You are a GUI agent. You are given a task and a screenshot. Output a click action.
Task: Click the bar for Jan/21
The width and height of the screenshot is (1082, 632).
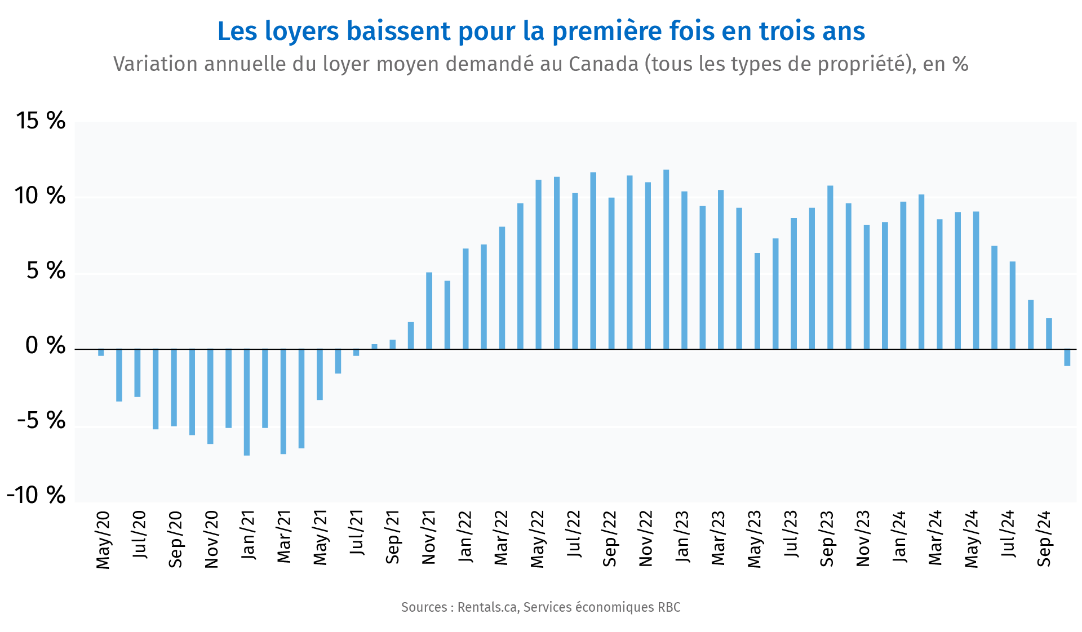point(247,402)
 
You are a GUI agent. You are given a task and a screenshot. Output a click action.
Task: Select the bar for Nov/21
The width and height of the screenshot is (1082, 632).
point(429,311)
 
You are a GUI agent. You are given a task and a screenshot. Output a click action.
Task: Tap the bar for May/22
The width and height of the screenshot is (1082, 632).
point(538,265)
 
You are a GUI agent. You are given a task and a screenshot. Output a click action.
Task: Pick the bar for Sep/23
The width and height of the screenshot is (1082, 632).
point(830,268)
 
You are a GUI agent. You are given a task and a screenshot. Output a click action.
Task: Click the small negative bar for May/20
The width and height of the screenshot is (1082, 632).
point(101,353)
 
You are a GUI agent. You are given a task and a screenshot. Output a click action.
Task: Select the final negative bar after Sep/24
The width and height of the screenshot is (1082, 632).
point(1067,358)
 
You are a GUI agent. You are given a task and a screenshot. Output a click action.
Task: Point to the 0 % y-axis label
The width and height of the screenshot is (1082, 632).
point(45,345)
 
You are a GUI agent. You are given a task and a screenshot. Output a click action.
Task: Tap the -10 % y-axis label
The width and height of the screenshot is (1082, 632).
point(36,496)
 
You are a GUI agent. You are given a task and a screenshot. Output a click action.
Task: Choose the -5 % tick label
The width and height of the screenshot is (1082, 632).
point(41,420)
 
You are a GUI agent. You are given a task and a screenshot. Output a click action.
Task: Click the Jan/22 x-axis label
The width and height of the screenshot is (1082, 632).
point(465,536)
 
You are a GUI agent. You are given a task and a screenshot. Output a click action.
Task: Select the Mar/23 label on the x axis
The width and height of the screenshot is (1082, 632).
point(718,538)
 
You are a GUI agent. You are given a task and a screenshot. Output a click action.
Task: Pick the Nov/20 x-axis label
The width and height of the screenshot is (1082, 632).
point(211,540)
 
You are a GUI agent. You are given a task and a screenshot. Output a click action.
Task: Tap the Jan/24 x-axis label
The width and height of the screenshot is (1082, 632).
point(899,536)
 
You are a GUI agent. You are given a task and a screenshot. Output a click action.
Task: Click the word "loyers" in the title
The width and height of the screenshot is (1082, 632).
point(301,32)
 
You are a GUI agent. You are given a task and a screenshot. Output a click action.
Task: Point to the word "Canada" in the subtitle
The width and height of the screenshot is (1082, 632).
point(603,64)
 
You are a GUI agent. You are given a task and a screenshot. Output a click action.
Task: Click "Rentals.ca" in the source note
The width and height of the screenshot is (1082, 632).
point(487,607)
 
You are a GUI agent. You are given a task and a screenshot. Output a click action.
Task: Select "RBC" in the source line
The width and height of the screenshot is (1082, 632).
point(669,607)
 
